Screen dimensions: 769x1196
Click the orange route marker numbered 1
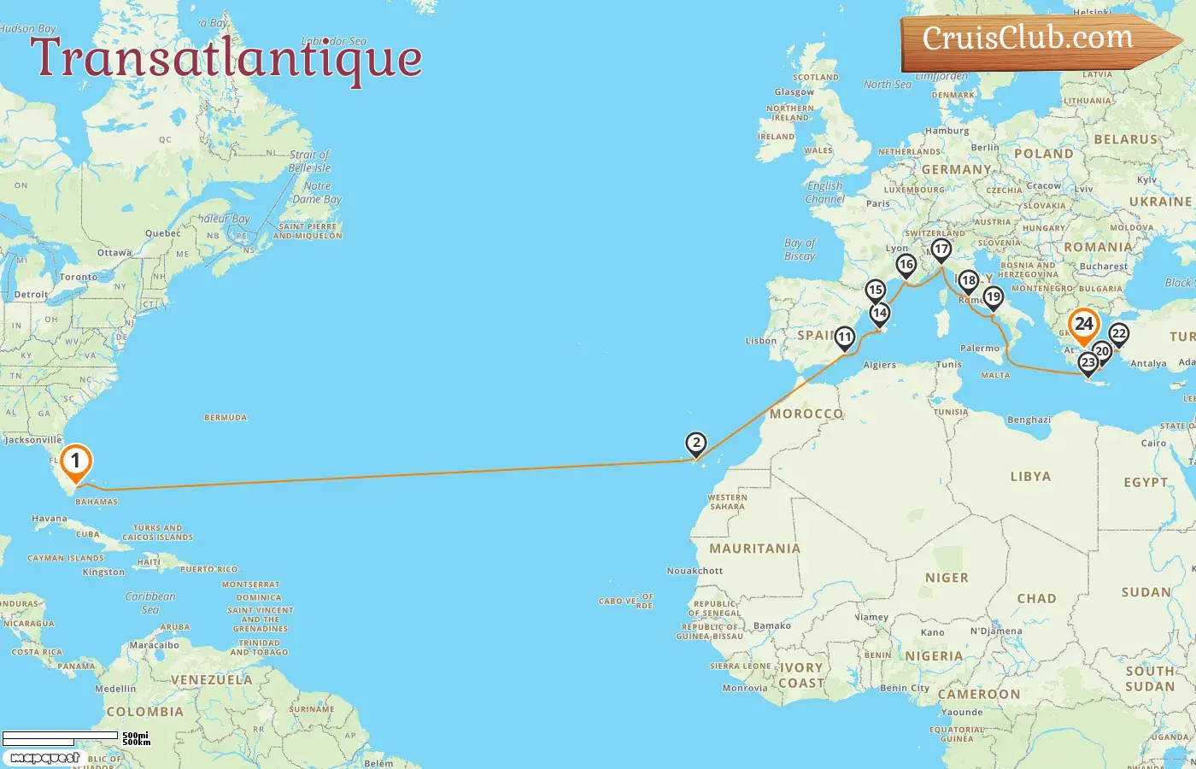(x=75, y=462)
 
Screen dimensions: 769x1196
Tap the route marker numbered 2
(x=696, y=443)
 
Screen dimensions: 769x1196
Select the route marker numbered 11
(x=845, y=338)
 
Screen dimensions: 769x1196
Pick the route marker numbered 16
(x=906, y=265)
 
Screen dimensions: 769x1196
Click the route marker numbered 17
(x=941, y=249)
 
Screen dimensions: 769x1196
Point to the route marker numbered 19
(x=993, y=297)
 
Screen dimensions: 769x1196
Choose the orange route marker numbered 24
(x=1083, y=325)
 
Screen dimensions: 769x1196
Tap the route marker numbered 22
(x=1118, y=334)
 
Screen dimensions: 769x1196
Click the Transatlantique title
(x=226, y=58)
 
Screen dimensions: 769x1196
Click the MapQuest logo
(x=44, y=758)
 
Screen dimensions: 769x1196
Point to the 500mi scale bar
(x=60, y=736)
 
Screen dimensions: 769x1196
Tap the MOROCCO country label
(x=806, y=414)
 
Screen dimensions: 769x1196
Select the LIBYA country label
(x=1030, y=477)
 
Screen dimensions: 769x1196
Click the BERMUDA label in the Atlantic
(x=226, y=418)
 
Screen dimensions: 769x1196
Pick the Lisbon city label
(x=761, y=341)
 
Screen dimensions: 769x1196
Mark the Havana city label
(x=49, y=519)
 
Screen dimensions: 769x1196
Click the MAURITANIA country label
(x=754, y=549)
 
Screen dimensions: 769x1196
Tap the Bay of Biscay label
(x=800, y=249)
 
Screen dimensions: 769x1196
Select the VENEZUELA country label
(x=211, y=680)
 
